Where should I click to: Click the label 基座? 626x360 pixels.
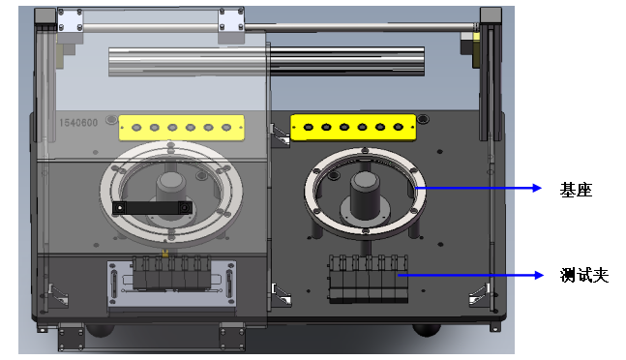(575, 191)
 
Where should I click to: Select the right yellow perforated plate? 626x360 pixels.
(353, 126)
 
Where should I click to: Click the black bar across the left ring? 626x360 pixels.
(150, 207)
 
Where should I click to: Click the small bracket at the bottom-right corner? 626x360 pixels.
(478, 293)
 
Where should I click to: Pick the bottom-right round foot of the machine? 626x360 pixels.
(427, 330)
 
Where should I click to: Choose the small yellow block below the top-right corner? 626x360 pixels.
(476, 44)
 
